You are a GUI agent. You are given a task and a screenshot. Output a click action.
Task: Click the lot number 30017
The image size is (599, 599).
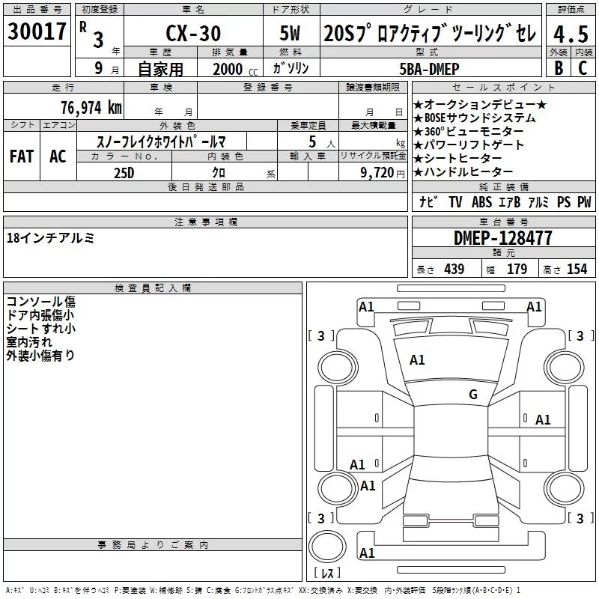tap(37, 31)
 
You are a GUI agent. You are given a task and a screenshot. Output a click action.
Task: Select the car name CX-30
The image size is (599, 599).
tap(193, 33)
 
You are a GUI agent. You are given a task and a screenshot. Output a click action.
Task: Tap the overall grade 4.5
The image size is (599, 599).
tap(571, 34)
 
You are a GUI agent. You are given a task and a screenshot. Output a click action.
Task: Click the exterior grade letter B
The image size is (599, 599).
tap(559, 67)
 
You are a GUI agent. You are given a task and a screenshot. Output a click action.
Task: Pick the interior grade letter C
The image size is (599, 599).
tap(583, 67)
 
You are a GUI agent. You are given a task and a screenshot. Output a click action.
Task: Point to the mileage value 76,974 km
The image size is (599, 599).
tap(91, 107)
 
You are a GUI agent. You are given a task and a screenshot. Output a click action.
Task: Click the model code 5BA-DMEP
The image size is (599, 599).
tap(429, 69)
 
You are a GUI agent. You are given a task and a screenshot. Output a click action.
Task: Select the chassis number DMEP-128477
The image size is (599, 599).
tap(502, 238)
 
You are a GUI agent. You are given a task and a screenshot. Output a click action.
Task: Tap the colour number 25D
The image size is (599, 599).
tap(124, 173)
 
